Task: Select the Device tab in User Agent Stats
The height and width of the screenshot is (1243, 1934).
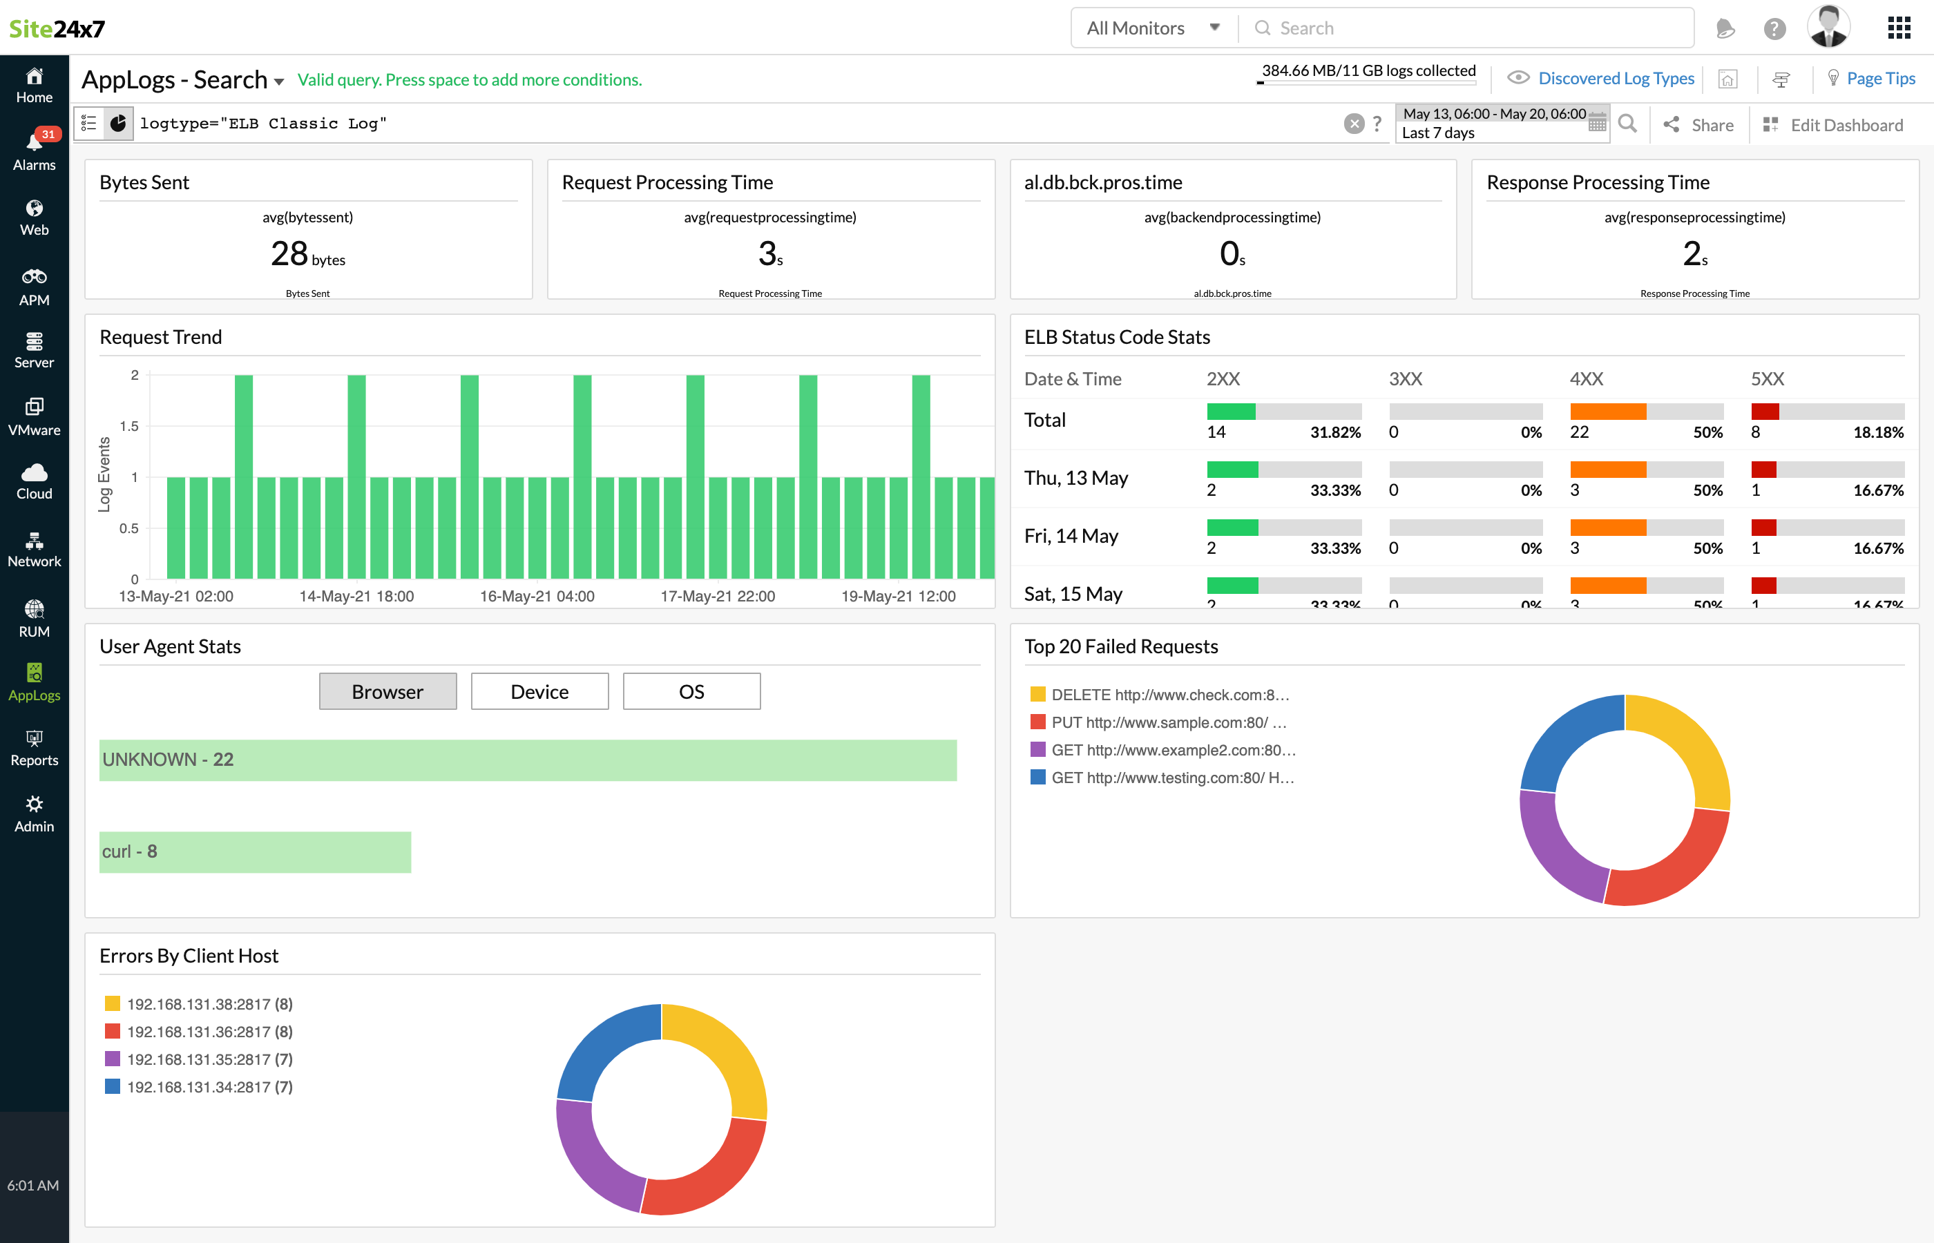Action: (539, 692)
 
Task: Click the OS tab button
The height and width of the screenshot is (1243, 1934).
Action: (691, 692)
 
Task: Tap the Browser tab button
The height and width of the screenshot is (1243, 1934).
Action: (387, 692)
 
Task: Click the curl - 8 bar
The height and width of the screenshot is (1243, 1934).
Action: (255, 851)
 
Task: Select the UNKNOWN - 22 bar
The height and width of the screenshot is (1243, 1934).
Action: (528, 760)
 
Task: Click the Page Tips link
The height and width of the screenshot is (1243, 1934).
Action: (1880, 78)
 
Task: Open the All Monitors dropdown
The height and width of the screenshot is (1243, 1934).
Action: (1153, 28)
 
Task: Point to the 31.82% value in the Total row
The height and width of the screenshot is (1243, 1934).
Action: (1334, 432)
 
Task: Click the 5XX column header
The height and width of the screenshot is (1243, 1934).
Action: (1767, 378)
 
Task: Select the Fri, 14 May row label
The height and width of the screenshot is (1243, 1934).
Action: (1071, 536)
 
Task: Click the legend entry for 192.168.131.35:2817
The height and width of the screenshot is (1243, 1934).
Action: (209, 1059)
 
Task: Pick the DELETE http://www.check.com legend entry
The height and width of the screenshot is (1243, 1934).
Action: (1169, 695)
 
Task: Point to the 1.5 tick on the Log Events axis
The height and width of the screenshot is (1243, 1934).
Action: (129, 426)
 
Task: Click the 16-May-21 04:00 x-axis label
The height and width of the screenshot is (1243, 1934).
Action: (537, 597)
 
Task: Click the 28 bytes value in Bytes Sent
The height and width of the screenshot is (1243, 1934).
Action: (307, 254)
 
